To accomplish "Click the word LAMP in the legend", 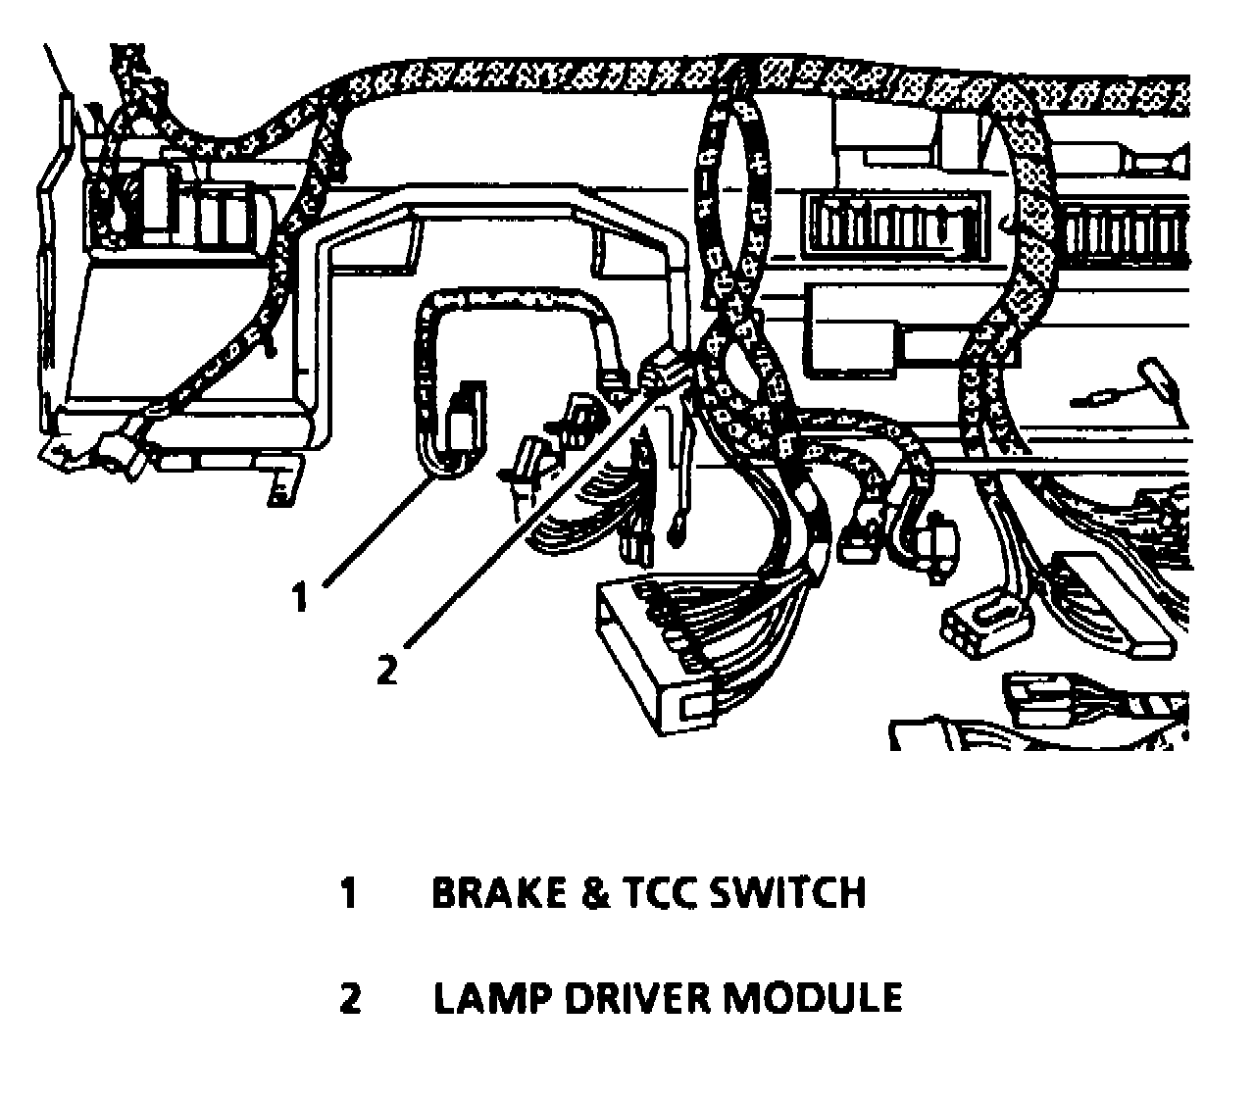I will pyautogui.click(x=480, y=997).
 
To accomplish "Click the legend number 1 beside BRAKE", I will pyautogui.click(x=348, y=893).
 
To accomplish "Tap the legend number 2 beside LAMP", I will pyautogui.click(x=350, y=998).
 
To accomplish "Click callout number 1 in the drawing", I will pyautogui.click(x=301, y=595).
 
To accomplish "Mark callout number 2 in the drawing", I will pyautogui.click(x=388, y=670).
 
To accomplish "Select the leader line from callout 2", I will pyautogui.click(x=529, y=510).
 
